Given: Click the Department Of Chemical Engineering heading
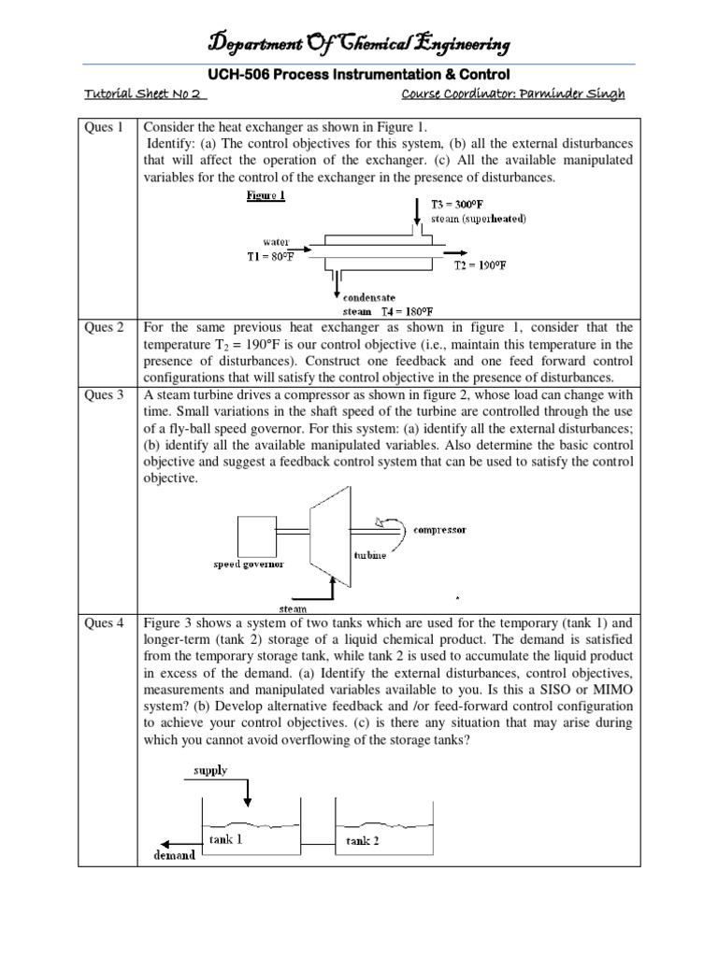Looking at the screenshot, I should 359,43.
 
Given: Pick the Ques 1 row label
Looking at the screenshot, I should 104,127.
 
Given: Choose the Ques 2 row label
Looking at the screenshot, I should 104,328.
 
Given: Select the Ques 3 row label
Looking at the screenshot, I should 104,395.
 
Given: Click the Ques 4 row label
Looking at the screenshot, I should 104,622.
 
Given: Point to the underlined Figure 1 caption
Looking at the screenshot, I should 266,195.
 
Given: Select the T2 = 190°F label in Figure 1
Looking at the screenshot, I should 481,265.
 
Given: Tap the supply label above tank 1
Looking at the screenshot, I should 209,771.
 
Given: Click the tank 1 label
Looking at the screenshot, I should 227,838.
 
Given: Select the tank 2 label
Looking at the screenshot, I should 364,840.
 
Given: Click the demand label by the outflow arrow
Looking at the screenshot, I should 174,854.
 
